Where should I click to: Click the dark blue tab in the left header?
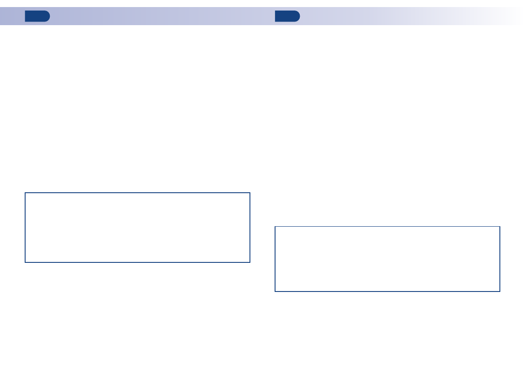[x=37, y=16]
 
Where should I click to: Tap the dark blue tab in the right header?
[x=287, y=16]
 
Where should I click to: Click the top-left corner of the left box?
[x=25, y=193]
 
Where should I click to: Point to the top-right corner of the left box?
[x=250, y=193]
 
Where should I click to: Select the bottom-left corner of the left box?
[x=25, y=262]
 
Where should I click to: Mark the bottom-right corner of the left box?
[x=250, y=262]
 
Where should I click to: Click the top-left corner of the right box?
[x=275, y=227]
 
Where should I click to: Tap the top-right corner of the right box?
[x=500, y=227]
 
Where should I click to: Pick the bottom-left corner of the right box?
[x=275, y=291]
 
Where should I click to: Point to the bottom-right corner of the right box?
[x=500, y=291]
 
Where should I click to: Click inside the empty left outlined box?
[x=138, y=228]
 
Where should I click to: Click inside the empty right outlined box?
[x=387, y=259]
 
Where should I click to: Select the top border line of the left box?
[x=138, y=193]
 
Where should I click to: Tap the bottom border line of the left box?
[x=138, y=262]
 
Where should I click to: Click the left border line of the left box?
[x=25, y=228]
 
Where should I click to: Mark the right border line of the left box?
[x=250, y=228]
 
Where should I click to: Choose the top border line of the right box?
[x=387, y=227]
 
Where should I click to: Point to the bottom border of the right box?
[x=387, y=291]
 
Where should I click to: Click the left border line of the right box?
[x=275, y=259]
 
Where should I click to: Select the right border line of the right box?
[x=500, y=259]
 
